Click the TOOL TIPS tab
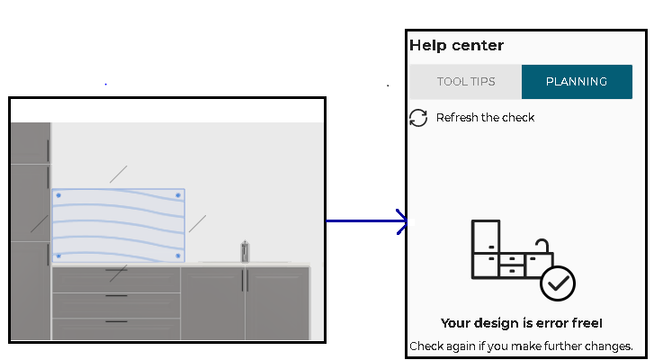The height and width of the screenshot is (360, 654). coord(465,82)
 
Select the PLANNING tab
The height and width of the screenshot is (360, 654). coord(577,82)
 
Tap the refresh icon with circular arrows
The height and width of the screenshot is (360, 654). coord(418,118)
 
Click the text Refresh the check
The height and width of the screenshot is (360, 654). coord(485,118)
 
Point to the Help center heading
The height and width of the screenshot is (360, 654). coord(456,45)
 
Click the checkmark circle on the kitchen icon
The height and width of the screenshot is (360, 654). coord(558,283)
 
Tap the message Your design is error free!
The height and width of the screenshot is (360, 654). coord(522,323)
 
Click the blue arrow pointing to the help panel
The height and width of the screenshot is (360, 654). coord(367,221)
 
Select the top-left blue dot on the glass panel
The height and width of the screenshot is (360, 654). coord(58,195)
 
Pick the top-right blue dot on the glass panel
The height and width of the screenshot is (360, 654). coord(178,195)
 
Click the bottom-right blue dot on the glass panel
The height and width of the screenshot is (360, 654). coord(178,256)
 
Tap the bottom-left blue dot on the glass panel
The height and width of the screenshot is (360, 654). coord(58,256)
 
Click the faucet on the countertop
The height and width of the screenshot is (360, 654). coord(245,251)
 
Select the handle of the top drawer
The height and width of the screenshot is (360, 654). coord(116,270)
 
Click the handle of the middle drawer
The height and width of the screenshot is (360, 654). coord(116,296)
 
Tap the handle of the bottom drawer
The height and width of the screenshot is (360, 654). coord(116,321)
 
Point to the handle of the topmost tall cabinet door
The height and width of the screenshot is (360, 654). coord(48,150)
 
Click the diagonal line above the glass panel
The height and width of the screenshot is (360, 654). coord(119,174)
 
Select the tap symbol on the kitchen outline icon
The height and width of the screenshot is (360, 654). coord(542,245)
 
